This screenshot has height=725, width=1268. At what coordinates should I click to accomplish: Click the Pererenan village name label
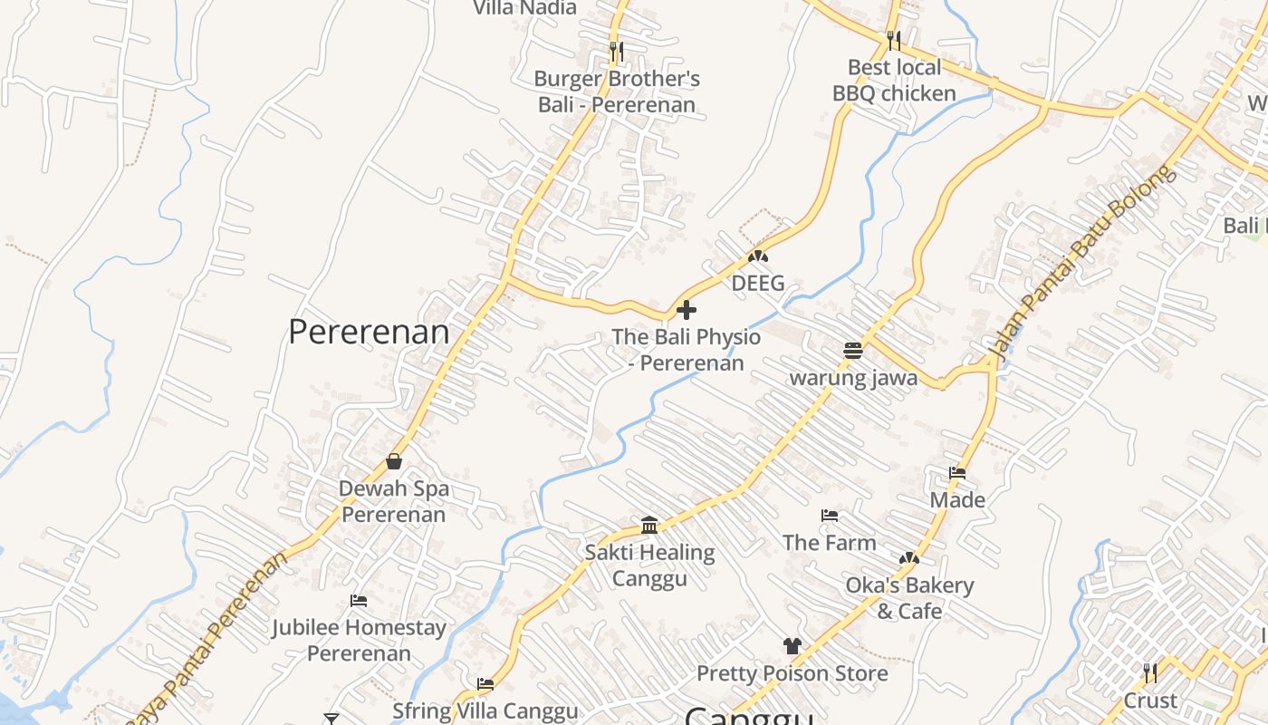tap(369, 333)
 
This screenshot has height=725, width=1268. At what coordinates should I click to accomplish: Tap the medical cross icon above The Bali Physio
tap(687, 310)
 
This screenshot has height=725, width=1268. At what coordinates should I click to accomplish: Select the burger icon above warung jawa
tap(853, 350)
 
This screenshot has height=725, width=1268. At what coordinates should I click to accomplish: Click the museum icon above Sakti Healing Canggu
tap(649, 525)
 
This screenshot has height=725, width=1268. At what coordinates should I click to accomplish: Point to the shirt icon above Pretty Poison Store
tap(792, 646)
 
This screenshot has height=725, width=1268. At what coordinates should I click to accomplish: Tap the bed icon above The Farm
tap(830, 516)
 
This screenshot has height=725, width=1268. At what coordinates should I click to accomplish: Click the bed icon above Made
tap(957, 472)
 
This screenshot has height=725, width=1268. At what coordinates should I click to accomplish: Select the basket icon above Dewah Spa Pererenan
tap(394, 461)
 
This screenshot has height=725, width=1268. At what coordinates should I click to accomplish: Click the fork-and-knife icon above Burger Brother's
tap(617, 51)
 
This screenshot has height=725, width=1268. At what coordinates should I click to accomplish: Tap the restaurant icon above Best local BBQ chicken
tap(894, 40)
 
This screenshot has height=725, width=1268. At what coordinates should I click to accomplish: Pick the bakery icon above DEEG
tap(757, 256)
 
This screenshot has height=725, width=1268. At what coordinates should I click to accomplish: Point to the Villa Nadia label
tap(525, 8)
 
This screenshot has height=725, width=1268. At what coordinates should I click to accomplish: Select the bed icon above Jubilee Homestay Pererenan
tap(359, 601)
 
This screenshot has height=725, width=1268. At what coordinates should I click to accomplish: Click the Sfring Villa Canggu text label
tap(485, 710)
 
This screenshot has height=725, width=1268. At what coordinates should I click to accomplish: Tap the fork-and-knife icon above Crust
tap(1150, 672)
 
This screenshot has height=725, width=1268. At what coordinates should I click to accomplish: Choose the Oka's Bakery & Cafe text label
tap(909, 598)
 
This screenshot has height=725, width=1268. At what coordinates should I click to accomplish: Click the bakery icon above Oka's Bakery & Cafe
tap(909, 558)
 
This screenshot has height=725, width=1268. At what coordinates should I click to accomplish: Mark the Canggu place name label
tap(748, 716)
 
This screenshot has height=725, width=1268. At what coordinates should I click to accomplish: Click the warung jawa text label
tap(853, 377)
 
